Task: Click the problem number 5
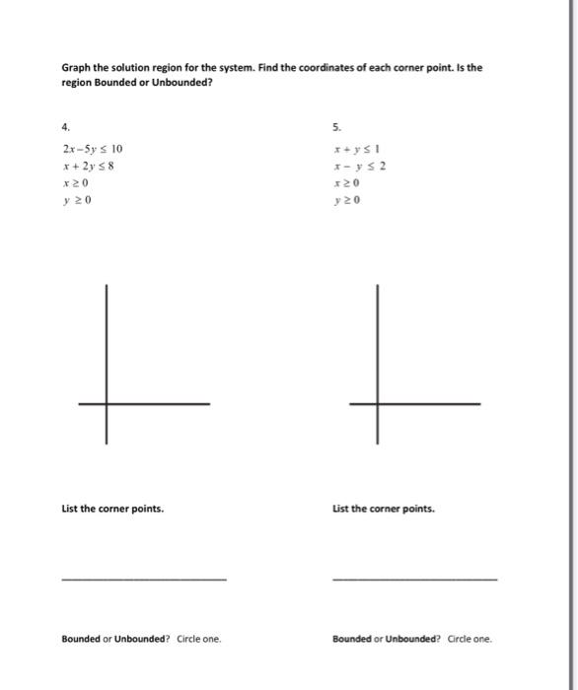(x=336, y=125)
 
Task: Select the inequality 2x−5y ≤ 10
(x=92, y=149)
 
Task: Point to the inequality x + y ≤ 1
(x=357, y=149)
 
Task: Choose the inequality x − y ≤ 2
(x=359, y=166)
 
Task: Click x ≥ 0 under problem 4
(x=76, y=183)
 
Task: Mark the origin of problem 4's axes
(x=107, y=403)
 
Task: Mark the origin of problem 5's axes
(x=376, y=403)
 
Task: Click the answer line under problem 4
(x=143, y=580)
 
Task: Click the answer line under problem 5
(x=415, y=580)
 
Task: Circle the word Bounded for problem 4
(x=82, y=638)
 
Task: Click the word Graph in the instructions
(x=76, y=69)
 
